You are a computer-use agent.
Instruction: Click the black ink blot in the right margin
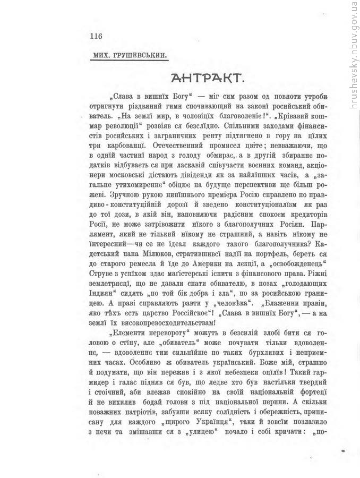coord(344,450)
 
